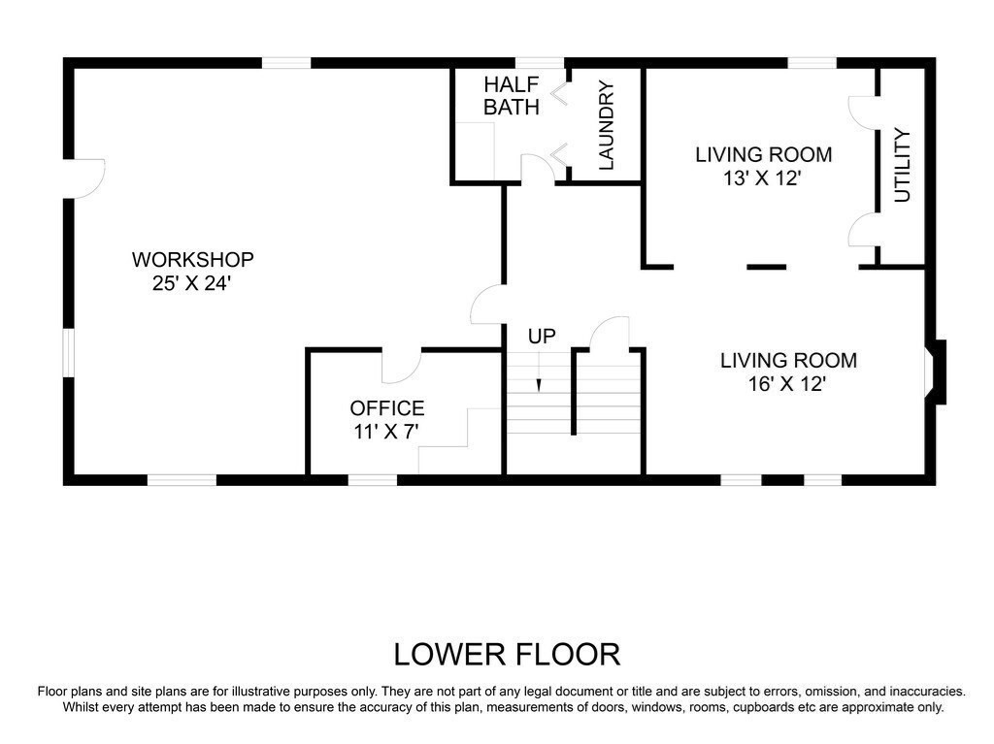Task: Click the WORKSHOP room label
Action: click(193, 259)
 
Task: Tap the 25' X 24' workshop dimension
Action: click(190, 283)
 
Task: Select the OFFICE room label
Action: click(387, 407)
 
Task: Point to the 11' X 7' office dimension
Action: click(386, 432)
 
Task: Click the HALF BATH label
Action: click(512, 96)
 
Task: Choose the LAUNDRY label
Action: click(607, 125)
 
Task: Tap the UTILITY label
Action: click(902, 166)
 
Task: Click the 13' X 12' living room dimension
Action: click(763, 178)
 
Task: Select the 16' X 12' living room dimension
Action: click(787, 384)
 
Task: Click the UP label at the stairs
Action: click(542, 337)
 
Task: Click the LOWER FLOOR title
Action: click(507, 655)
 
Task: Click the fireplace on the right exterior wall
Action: click(936, 372)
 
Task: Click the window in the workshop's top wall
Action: click(286, 63)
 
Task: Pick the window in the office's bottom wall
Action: click(373, 480)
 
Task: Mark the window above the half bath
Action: click(540, 63)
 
